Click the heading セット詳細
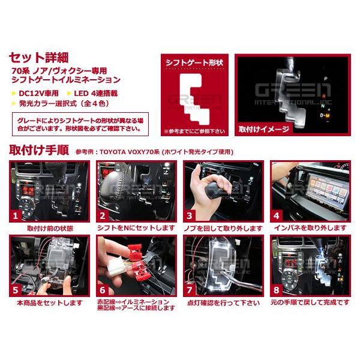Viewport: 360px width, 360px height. (40, 58)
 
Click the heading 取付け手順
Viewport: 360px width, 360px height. (40, 149)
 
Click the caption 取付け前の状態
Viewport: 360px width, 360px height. (49, 229)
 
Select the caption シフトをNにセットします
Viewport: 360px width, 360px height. (136, 229)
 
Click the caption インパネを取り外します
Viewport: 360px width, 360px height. (310, 229)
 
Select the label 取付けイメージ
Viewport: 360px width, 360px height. (260, 128)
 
